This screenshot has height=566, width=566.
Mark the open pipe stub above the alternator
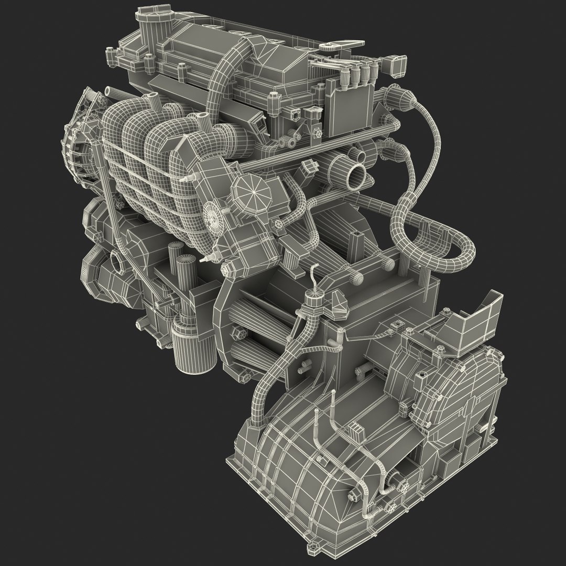(108, 91)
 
